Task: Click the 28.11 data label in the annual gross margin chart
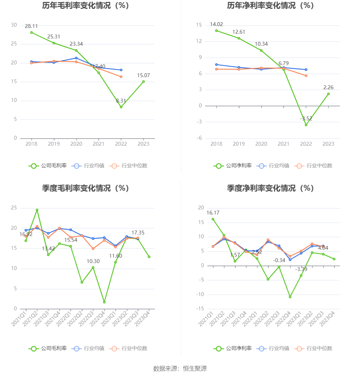[x=31, y=26]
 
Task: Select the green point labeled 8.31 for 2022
[x=121, y=107]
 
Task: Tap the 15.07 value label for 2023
[x=143, y=76]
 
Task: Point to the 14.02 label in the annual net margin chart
[x=216, y=24]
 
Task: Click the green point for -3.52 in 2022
[x=306, y=125]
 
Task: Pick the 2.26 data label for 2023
[x=328, y=88]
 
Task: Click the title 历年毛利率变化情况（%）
[x=85, y=6]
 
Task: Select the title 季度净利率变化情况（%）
[x=270, y=189]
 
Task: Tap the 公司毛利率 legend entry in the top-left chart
[x=48, y=166]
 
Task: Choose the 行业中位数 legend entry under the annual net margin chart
[x=313, y=166]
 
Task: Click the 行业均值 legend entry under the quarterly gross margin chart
[x=88, y=348]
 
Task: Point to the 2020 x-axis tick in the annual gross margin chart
[x=76, y=144]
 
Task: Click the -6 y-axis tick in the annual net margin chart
[x=199, y=138]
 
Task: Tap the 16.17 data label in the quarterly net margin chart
[x=213, y=213]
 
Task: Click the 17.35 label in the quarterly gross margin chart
[x=138, y=233]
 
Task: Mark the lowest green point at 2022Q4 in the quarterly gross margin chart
[x=104, y=302]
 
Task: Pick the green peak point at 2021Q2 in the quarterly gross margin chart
[x=37, y=210]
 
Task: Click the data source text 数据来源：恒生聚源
[x=180, y=369]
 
